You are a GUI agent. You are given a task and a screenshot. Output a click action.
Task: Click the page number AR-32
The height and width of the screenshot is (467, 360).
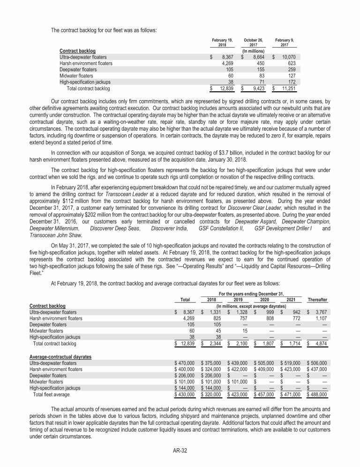click(180, 451)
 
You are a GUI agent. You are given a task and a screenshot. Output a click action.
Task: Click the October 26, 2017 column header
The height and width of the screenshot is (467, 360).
click(253, 43)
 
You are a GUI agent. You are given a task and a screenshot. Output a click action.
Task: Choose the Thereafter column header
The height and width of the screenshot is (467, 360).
click(317, 299)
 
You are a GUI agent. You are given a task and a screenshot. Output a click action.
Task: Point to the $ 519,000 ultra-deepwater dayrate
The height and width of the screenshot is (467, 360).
click(291, 363)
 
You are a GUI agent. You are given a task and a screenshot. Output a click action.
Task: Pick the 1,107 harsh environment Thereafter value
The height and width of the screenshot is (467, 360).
click(321, 318)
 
